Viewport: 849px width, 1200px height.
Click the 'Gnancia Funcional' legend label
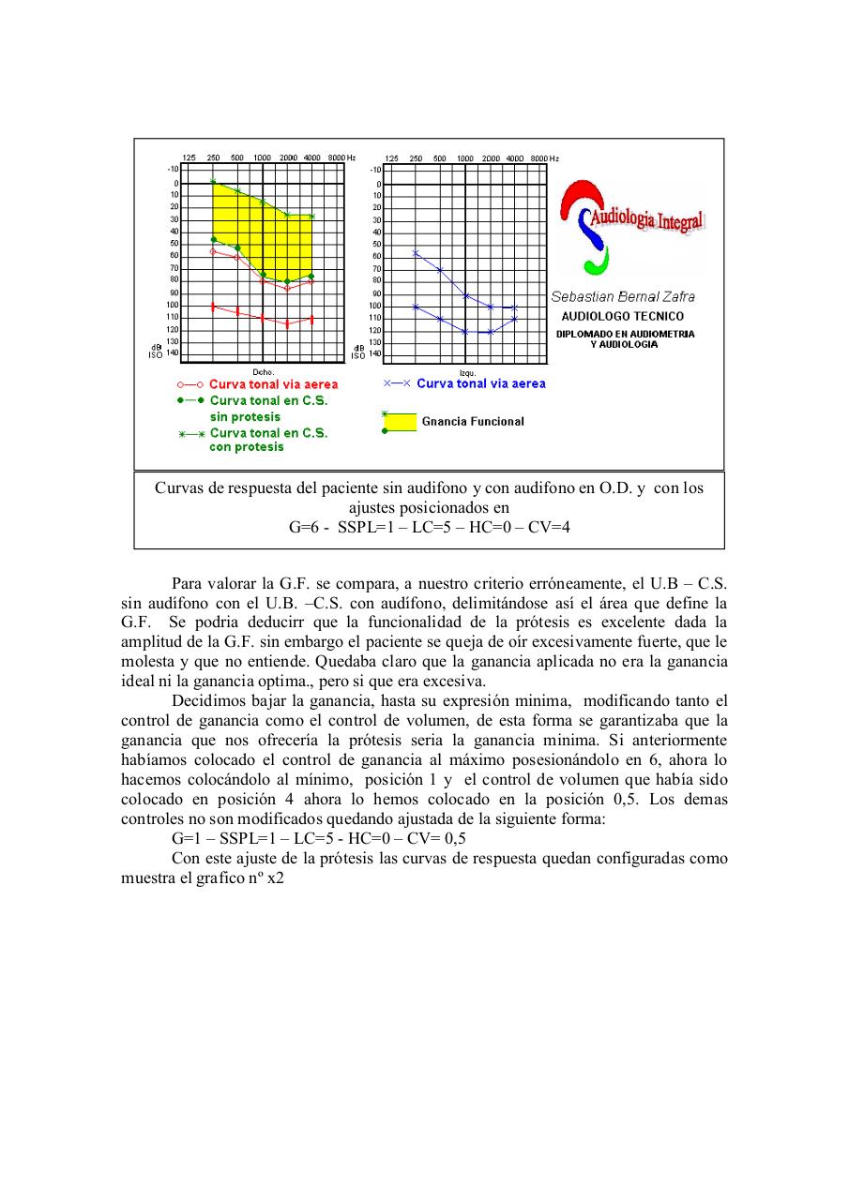tap(473, 422)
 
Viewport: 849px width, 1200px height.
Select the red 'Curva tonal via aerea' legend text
tap(273, 384)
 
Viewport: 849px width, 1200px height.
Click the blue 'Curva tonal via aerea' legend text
tap(480, 383)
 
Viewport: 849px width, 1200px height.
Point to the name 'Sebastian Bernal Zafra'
tap(623, 297)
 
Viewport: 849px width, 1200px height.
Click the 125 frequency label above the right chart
tap(392, 158)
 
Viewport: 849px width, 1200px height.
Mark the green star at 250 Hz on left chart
tap(213, 181)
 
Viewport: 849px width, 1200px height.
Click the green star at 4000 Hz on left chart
tap(311, 217)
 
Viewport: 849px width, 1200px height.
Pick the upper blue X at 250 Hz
tap(416, 253)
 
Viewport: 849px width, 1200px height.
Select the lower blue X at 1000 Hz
tap(465, 332)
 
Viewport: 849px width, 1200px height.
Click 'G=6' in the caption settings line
tap(305, 527)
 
